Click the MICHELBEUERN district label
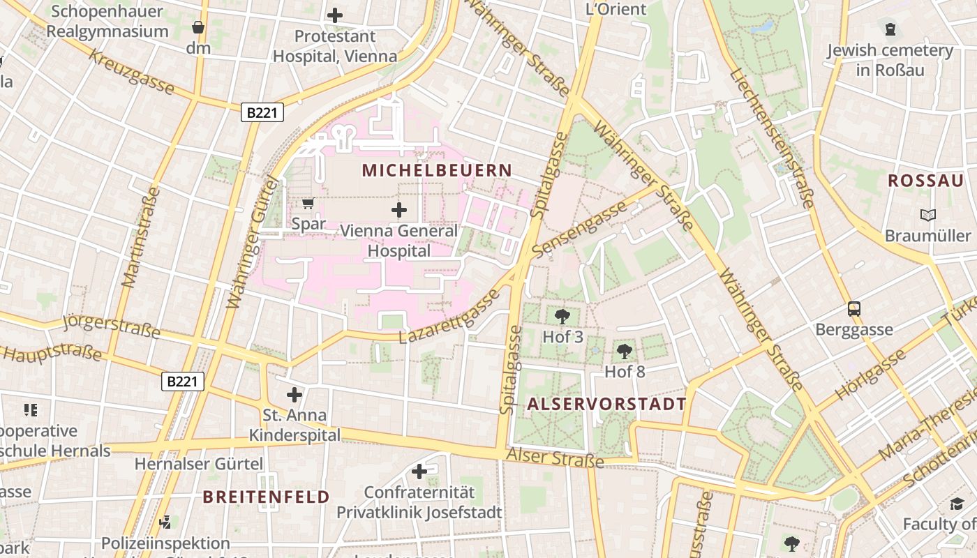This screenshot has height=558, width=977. point(437,170)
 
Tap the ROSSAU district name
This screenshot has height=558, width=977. point(925,181)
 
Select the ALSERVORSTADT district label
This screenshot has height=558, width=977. point(606,404)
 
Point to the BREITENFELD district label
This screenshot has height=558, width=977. point(266,497)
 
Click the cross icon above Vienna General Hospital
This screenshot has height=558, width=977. point(399,209)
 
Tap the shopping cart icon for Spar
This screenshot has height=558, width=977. point(308,203)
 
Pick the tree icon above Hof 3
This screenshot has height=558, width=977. point(562,316)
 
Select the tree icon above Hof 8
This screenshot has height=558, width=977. point(625,351)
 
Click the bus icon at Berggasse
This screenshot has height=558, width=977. point(854,308)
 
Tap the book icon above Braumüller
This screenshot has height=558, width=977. point(927,215)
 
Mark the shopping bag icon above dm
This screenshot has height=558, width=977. point(198,27)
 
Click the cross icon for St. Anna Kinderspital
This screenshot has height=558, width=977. point(294,395)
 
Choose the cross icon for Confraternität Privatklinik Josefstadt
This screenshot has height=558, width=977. point(419,472)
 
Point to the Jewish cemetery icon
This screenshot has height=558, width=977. point(890,29)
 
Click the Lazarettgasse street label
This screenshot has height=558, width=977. point(449,317)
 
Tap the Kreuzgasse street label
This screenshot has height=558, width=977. point(131,71)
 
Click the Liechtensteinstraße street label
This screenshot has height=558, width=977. point(772,139)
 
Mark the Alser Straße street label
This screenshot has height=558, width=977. point(555,458)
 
